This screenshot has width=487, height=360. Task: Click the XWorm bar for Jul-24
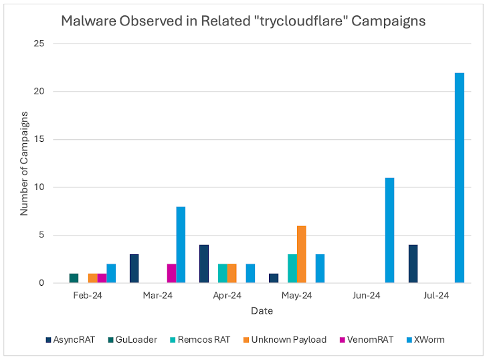coord(459,178)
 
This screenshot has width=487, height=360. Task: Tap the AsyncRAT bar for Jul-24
coord(413,264)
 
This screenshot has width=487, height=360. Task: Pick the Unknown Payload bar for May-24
coord(301,254)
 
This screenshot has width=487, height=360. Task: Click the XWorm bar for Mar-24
coord(181,245)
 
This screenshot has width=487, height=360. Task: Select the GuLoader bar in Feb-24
coord(74,278)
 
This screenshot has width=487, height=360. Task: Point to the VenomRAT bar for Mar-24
coord(171,273)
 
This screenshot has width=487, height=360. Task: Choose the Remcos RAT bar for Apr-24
coord(222,273)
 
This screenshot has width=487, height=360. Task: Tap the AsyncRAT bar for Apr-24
coord(203,264)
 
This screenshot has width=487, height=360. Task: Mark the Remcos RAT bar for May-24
coord(292,268)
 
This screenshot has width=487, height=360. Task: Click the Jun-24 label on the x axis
coord(366,295)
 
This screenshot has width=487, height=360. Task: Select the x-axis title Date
coord(262,311)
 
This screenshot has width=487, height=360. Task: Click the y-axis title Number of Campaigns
coord(23,163)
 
